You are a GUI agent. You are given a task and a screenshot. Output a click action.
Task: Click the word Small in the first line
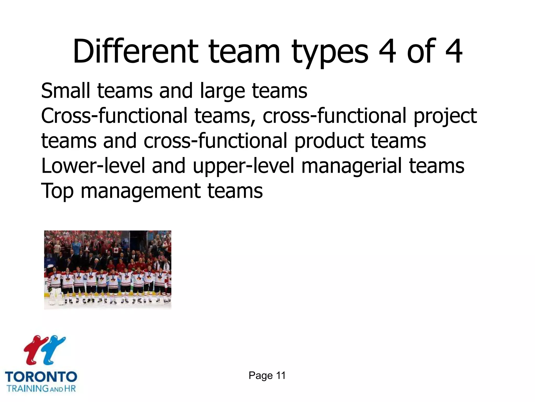[65, 91]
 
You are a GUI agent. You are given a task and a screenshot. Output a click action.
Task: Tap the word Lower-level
[93, 166]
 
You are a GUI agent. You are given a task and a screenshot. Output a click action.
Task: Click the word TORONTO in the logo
[41, 377]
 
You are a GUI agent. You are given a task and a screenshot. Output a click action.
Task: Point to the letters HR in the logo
[70, 388]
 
